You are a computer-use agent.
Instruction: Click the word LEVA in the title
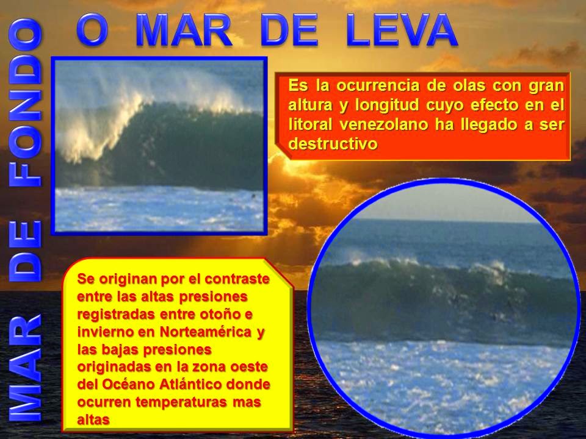402,30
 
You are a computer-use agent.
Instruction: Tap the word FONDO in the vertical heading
24,102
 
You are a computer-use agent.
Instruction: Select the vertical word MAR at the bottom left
24,368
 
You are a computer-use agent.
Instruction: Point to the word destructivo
333,144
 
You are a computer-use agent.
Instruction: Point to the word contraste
237,279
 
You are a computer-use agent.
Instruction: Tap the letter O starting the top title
93,30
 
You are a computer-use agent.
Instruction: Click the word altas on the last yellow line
93,420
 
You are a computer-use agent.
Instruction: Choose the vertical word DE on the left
24,251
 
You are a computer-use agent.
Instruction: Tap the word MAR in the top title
184,30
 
